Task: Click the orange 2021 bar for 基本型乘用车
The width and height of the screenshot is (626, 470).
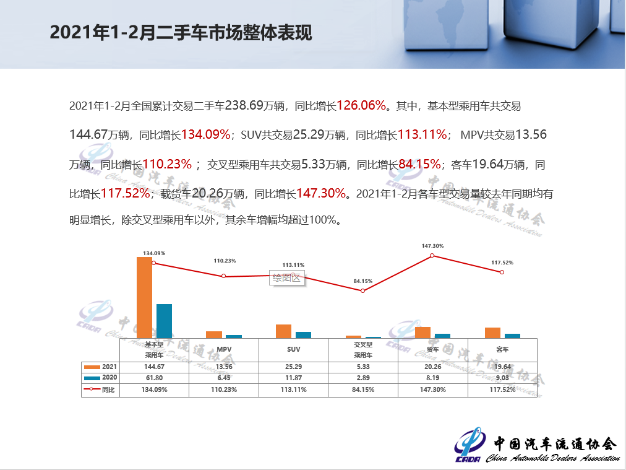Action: point(144,297)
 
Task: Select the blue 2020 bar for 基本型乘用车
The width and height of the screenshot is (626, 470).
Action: point(164,321)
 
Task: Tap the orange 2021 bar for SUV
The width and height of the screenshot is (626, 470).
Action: point(283,331)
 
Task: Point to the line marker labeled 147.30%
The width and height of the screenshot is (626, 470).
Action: point(432,255)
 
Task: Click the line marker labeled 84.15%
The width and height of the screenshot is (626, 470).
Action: point(363,290)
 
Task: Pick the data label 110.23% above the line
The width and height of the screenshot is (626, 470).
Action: point(225,261)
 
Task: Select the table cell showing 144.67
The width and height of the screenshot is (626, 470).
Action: point(154,367)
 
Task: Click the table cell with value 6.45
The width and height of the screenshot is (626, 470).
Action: point(224,378)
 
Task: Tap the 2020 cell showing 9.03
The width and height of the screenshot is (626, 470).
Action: point(502,378)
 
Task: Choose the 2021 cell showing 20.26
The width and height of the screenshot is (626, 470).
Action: point(433,367)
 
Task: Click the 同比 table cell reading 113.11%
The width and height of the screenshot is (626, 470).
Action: point(293,389)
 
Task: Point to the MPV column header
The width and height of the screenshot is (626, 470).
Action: point(224,350)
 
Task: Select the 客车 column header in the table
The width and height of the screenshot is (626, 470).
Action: point(502,350)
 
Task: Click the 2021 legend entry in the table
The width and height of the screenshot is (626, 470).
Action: point(100,367)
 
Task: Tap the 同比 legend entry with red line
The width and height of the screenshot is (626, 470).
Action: point(100,389)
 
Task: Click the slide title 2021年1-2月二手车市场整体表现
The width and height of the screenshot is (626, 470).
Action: point(181,33)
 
